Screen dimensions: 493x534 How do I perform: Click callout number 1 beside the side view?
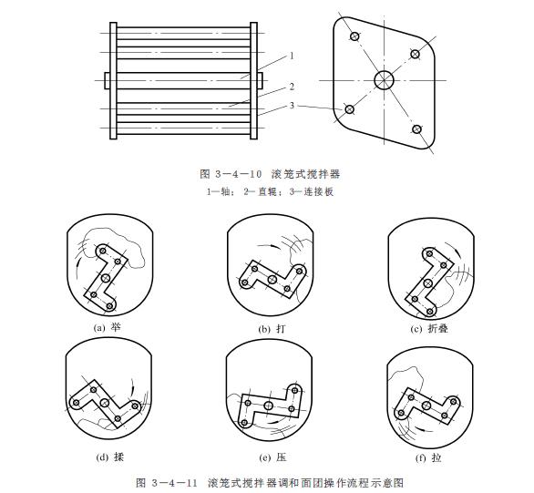pyautogui.click(x=291, y=56)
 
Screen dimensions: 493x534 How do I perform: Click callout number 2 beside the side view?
pyautogui.click(x=291, y=87)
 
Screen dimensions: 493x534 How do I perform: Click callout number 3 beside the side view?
pyautogui.click(x=291, y=108)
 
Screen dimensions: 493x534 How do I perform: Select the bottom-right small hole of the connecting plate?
pyautogui.click(x=416, y=129)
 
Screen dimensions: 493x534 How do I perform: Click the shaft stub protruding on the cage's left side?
pyautogui.click(x=108, y=81)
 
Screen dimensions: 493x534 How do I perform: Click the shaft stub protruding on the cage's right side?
pyautogui.click(x=261, y=81)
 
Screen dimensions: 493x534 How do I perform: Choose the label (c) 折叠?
pyautogui.click(x=429, y=326)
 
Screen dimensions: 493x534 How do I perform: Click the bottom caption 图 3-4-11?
pyautogui.click(x=268, y=480)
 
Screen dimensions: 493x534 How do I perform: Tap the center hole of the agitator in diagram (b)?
pyautogui.click(x=272, y=278)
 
